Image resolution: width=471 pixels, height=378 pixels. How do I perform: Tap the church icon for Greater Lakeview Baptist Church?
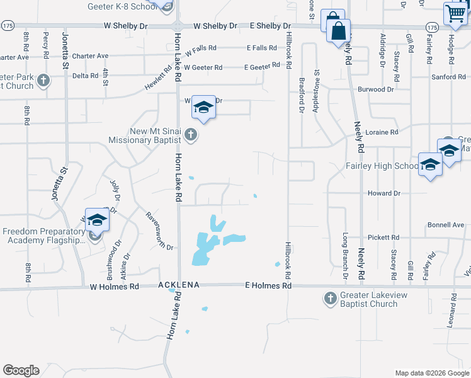(331, 297)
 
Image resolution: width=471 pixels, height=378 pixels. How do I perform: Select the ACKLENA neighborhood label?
(179, 285)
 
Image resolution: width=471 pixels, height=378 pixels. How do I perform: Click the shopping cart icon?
(455, 13)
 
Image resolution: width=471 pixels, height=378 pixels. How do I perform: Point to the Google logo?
(21, 370)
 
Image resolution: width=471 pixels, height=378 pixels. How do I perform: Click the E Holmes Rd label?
(268, 286)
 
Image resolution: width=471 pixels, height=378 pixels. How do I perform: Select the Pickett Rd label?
(385, 238)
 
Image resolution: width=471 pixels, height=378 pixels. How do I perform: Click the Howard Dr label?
(383, 193)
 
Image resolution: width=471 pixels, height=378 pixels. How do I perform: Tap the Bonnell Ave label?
(445, 225)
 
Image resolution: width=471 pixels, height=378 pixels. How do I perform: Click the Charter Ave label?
(90, 55)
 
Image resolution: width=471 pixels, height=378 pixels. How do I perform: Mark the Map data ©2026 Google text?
(431, 373)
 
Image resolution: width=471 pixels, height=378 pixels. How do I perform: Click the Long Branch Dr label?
(345, 257)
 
